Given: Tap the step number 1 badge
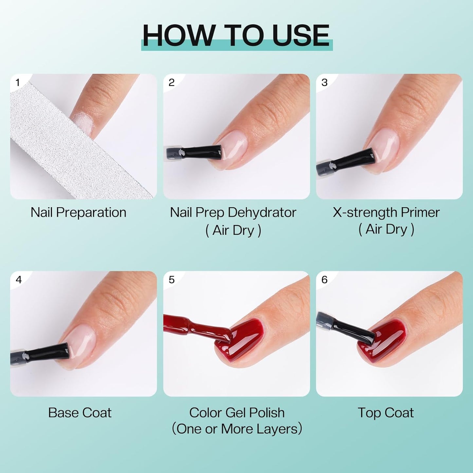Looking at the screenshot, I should click(x=18, y=82).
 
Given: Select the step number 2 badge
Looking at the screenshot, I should click(x=171, y=82).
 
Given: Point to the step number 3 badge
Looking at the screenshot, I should click(x=324, y=82).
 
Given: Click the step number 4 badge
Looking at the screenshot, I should click(x=18, y=280).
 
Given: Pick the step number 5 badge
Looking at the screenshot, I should click(x=172, y=280).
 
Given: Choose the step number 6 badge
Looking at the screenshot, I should click(x=324, y=280).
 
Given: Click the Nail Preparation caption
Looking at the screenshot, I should click(x=79, y=213).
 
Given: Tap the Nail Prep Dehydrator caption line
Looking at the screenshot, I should click(x=233, y=213).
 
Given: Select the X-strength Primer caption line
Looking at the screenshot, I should click(x=386, y=213).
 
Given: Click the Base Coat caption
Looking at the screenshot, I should click(x=80, y=413).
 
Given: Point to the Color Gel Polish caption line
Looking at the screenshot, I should click(x=237, y=413).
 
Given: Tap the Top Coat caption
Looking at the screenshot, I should click(x=386, y=413).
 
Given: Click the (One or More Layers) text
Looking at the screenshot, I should click(x=237, y=429).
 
